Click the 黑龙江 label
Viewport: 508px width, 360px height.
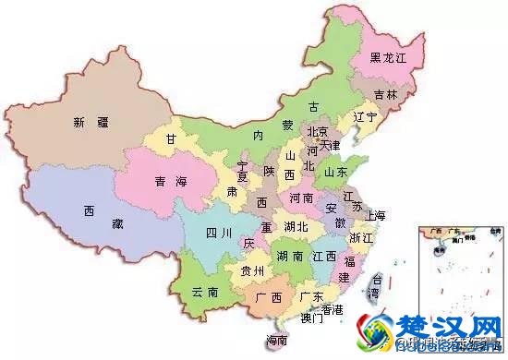pyautogui.click(x=388, y=57)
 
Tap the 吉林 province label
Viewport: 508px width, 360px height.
pyautogui.click(x=385, y=95)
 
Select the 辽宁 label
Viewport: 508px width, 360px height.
pyautogui.click(x=365, y=117)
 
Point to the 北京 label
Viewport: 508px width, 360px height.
pyautogui.click(x=317, y=131)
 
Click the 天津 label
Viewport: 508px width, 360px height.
pyautogui.click(x=330, y=145)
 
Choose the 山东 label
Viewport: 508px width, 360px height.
pyautogui.click(x=335, y=172)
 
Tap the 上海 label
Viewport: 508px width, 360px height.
pyautogui.click(x=375, y=215)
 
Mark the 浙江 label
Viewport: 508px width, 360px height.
pyautogui.click(x=361, y=237)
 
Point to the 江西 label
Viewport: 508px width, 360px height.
pyautogui.click(x=323, y=255)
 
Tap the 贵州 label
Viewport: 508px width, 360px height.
pyautogui.click(x=251, y=271)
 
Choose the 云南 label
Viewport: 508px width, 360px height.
pyautogui.click(x=205, y=292)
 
